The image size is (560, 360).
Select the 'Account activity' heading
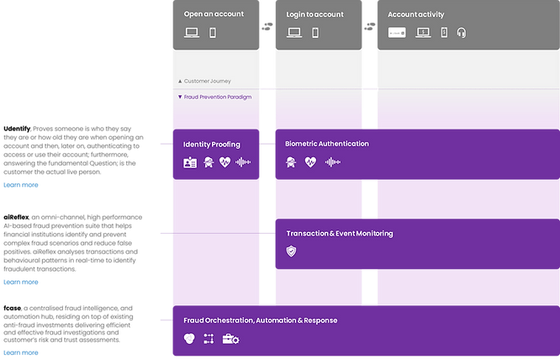[x=416, y=14]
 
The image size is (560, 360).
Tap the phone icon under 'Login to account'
[x=315, y=33]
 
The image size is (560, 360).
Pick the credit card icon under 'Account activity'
[x=398, y=33]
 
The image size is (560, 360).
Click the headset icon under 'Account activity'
[x=461, y=33]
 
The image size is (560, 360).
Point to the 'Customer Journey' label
[x=207, y=81]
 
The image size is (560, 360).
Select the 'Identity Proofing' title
[x=211, y=145]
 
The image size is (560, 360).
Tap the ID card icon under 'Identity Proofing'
[x=190, y=162]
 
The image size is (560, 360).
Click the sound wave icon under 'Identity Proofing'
[x=242, y=162]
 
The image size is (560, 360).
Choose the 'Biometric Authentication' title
[x=326, y=144]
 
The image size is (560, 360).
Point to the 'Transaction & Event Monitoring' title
[x=339, y=233]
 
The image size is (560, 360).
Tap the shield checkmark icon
[x=291, y=251]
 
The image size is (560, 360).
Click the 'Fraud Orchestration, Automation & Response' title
[x=261, y=320]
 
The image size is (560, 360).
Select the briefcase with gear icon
[x=230, y=339]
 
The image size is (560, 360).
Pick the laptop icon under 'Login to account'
[x=294, y=33]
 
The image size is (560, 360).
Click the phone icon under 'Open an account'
[x=213, y=33]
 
